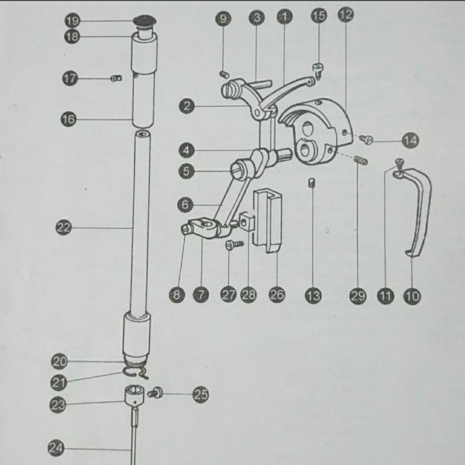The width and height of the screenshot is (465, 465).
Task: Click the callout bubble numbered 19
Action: pyautogui.click(x=73, y=21)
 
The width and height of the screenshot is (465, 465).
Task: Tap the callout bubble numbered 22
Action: pyautogui.click(x=64, y=228)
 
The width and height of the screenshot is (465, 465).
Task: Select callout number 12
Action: pyautogui.click(x=345, y=16)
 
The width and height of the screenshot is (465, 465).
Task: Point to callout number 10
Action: pyautogui.click(x=412, y=296)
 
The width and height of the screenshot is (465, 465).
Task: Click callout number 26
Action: pyautogui.click(x=277, y=295)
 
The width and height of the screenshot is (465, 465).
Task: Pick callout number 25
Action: pyautogui.click(x=201, y=395)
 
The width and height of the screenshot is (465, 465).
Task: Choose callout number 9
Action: pyautogui.click(x=223, y=19)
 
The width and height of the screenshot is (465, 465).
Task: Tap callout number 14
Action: pyautogui.click(x=410, y=140)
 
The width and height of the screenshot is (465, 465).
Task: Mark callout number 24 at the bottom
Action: pyautogui.click(x=56, y=448)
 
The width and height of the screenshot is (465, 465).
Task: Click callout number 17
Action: pyautogui.click(x=70, y=78)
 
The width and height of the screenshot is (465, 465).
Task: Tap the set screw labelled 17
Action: pyautogui.click(x=115, y=78)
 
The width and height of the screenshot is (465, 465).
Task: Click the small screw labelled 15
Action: pyautogui.click(x=318, y=69)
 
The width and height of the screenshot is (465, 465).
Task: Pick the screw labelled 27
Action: pyautogui.click(x=231, y=245)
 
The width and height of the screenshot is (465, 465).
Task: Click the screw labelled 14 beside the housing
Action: pyautogui.click(x=367, y=138)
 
